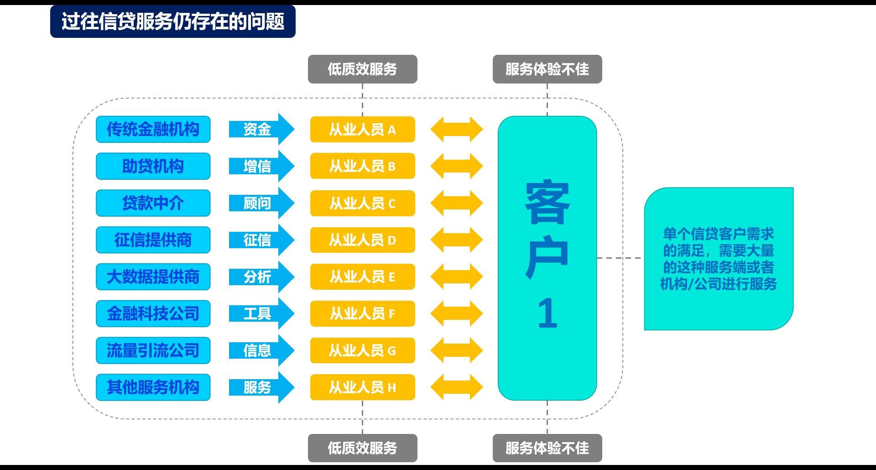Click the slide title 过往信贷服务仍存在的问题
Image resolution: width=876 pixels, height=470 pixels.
point(172,21)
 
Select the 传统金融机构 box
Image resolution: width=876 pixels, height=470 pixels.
point(153,129)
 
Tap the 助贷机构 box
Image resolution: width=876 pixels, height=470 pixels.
point(153,166)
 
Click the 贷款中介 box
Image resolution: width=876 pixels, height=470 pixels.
point(153,203)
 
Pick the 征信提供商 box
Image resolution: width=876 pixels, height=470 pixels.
point(153,240)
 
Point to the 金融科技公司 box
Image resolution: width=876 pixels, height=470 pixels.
point(153,313)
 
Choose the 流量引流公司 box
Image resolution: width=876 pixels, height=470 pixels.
point(153,350)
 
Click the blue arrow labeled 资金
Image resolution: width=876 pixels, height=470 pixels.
point(260,129)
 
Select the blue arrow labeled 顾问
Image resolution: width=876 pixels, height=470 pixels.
point(260,203)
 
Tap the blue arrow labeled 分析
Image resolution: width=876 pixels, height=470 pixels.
point(260,277)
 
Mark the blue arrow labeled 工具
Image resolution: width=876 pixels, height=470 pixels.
point(260,313)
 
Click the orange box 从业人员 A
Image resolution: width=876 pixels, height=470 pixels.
point(362,130)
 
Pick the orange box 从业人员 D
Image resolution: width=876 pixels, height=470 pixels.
point(362,240)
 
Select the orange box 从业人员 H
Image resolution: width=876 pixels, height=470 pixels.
point(362,387)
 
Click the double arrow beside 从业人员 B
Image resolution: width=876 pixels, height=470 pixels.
point(456,166)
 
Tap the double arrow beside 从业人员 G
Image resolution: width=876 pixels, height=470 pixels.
point(456,350)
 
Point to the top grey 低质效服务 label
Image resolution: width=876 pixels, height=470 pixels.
point(362,69)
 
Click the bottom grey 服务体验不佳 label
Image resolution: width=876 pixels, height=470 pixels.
point(547,448)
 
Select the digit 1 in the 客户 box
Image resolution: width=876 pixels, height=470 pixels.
point(547,313)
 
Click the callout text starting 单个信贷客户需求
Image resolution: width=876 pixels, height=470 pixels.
point(718,259)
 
